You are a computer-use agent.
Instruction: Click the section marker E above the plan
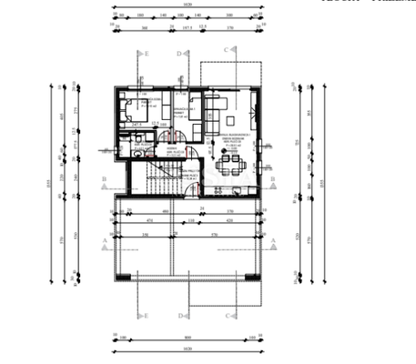click(x=145, y=54)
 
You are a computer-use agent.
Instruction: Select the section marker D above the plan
click(x=180, y=54)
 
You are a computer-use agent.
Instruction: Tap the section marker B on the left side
click(x=105, y=179)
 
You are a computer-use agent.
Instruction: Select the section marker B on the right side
click(x=271, y=179)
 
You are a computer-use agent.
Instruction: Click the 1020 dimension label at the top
click(x=188, y=5)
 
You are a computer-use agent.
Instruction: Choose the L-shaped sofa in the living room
click(x=216, y=110)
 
